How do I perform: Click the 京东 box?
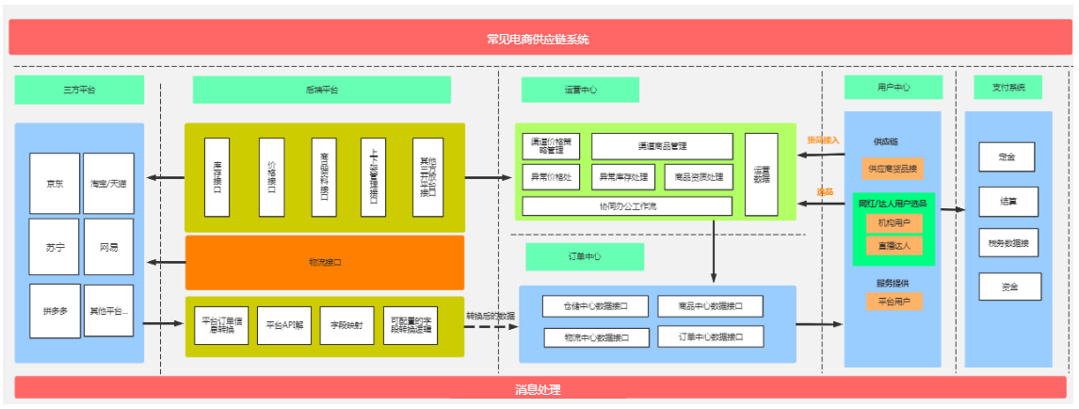(x=55, y=183)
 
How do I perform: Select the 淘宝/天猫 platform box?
(x=108, y=183)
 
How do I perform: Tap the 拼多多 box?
(x=55, y=310)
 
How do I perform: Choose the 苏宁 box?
(x=55, y=246)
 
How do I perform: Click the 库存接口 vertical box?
(x=217, y=176)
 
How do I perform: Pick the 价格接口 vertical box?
(x=271, y=176)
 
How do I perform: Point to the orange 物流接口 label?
(x=325, y=262)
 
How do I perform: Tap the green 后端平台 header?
(x=321, y=90)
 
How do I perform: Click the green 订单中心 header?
(x=585, y=257)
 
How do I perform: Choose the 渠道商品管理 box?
(x=662, y=146)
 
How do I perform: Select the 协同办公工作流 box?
(x=627, y=205)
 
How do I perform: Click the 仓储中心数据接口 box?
(x=596, y=306)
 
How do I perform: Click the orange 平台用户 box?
(x=894, y=301)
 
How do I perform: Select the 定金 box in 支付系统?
(x=1008, y=156)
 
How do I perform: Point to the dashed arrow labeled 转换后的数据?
(x=491, y=326)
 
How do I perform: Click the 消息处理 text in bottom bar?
(x=538, y=388)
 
